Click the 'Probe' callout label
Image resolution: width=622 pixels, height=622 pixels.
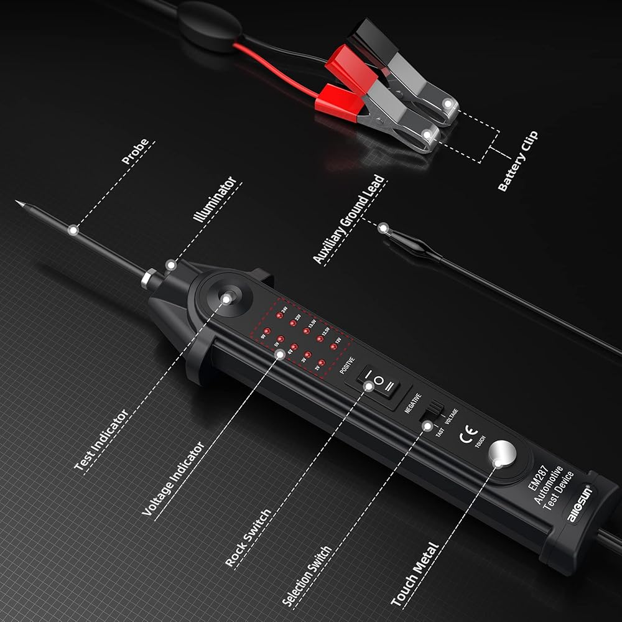(136, 152)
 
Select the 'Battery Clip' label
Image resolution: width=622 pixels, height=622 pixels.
(518, 162)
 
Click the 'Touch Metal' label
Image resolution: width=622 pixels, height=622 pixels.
(415, 574)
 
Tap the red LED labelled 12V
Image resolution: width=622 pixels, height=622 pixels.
(333, 346)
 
